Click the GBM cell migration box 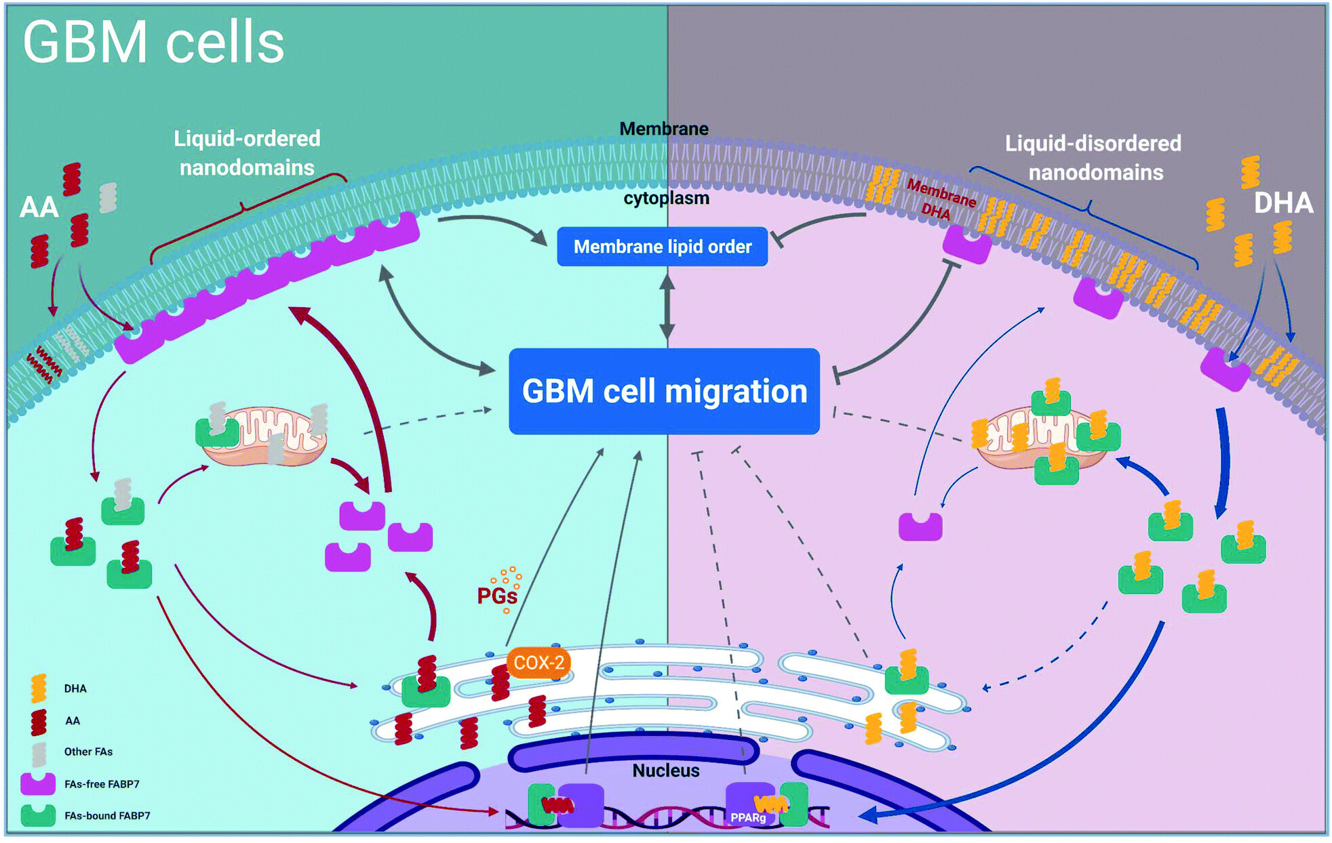(x=664, y=391)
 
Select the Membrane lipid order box (x=662, y=247)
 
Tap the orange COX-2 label (x=538, y=662)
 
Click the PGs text (x=497, y=596)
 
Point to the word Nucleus (x=665, y=770)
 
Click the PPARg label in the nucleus (x=748, y=818)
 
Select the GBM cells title (x=153, y=42)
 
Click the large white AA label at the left (x=39, y=207)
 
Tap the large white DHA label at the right (x=1283, y=203)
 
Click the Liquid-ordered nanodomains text (x=246, y=153)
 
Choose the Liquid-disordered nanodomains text (x=1093, y=158)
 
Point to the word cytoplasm (x=666, y=198)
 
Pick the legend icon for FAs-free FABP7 (x=38, y=783)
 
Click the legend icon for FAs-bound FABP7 (x=38, y=815)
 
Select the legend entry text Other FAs (x=88, y=752)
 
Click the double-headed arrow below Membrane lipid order (x=667, y=306)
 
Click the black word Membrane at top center (x=663, y=129)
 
